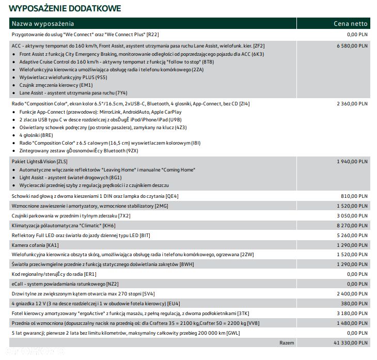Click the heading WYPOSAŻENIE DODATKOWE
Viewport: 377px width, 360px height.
(x=66, y=8)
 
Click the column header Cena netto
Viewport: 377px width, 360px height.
(x=350, y=23)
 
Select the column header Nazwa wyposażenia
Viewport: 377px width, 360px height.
(x=43, y=23)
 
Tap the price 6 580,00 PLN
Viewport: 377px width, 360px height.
(x=352, y=45)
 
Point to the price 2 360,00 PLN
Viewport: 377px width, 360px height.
(x=352, y=104)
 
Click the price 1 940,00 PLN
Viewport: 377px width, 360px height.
(x=352, y=162)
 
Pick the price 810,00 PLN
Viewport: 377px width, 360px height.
(x=355, y=196)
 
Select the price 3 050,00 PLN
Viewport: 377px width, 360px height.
(x=352, y=216)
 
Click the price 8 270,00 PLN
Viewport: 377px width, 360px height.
(x=352, y=226)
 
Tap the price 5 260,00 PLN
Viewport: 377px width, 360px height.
(x=352, y=235)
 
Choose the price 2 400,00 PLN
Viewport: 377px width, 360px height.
(x=352, y=294)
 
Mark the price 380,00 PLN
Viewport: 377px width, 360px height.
(x=355, y=304)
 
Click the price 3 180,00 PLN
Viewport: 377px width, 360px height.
(x=352, y=313)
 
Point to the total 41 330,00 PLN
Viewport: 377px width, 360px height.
(x=350, y=342)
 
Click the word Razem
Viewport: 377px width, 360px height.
(x=287, y=342)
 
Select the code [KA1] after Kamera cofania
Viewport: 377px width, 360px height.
(x=52, y=245)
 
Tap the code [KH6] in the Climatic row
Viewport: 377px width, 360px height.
(x=109, y=226)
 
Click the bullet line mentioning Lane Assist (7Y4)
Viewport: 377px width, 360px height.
(x=73, y=93)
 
